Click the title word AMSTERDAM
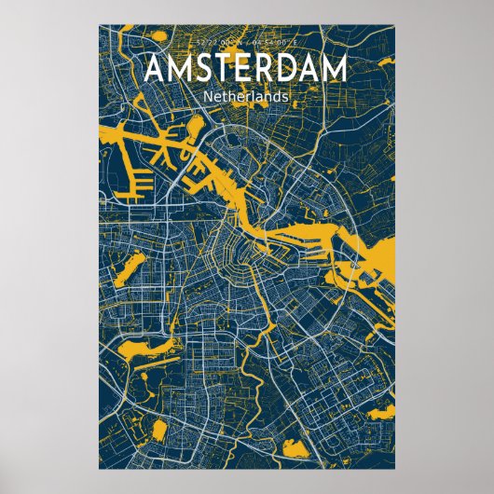pyautogui.click(x=246, y=70)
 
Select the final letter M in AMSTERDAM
pyautogui.click(x=334, y=70)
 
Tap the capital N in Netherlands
pyautogui.click(x=207, y=95)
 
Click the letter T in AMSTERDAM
pyautogui.click(x=219, y=70)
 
